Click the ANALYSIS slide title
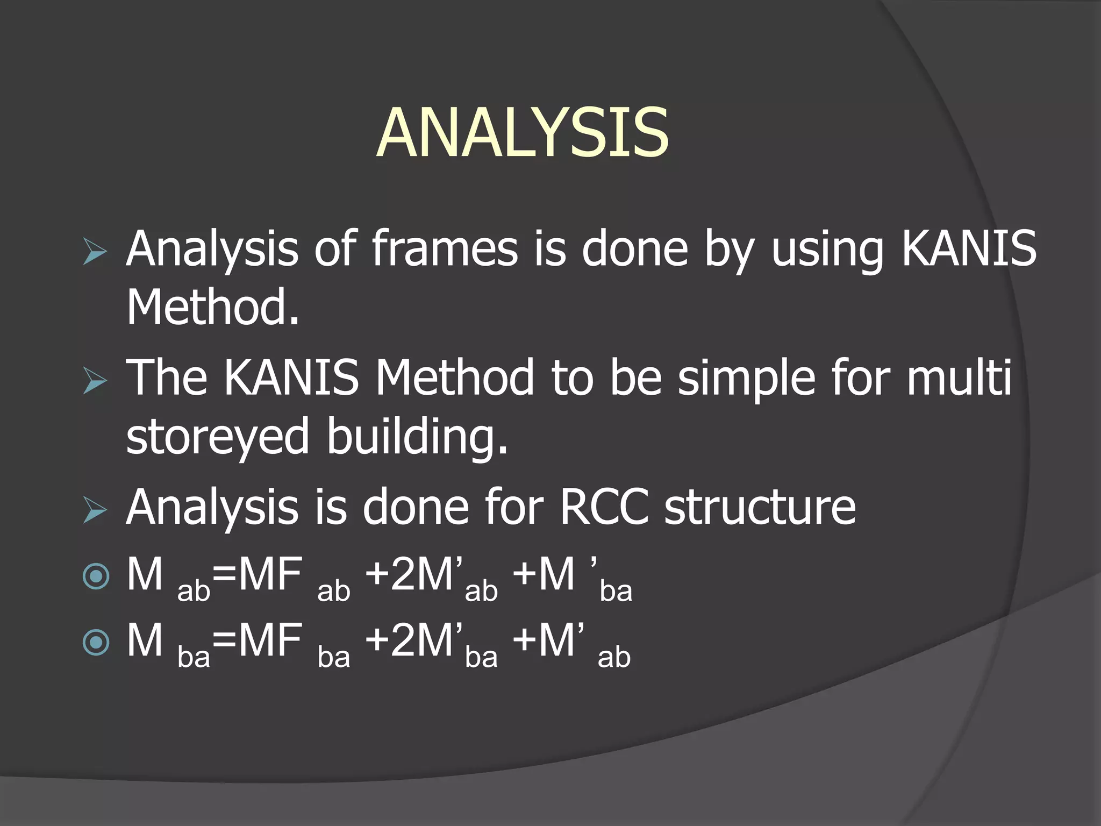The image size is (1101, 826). click(x=523, y=133)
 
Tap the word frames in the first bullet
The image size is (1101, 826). click(x=445, y=248)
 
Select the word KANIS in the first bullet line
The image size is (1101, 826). click(x=968, y=248)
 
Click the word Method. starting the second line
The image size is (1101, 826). click(x=212, y=308)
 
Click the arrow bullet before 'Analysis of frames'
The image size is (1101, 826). click(x=96, y=253)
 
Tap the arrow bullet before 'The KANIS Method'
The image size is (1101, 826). click(x=96, y=382)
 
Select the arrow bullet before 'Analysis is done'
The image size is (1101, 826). click(x=96, y=511)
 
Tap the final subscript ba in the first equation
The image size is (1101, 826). click(x=616, y=591)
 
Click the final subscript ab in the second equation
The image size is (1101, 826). click(x=614, y=657)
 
